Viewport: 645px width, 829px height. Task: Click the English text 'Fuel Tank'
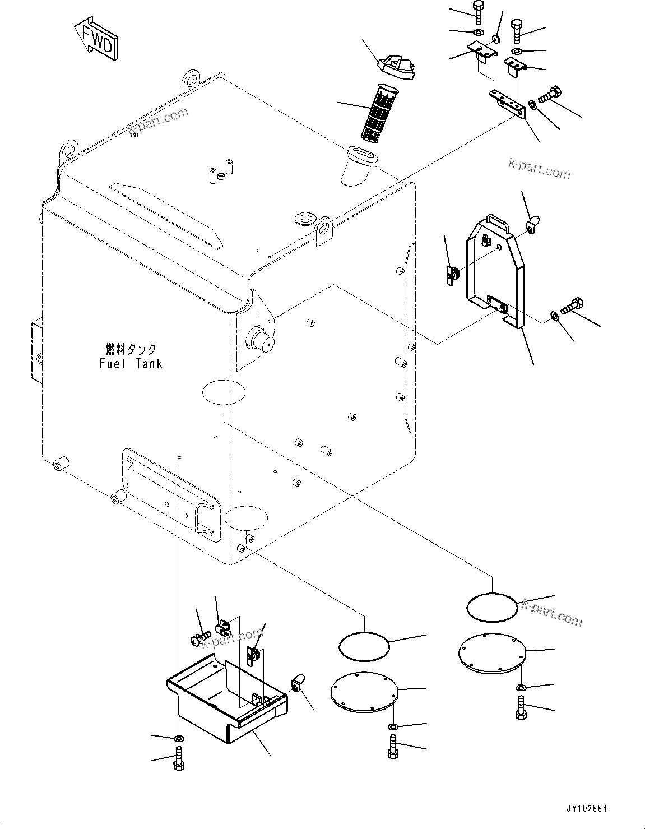pos(131,364)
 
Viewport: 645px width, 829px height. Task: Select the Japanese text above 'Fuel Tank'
pos(131,349)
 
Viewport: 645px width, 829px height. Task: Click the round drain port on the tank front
pos(262,339)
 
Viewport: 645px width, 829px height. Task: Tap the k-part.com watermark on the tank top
pos(157,121)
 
